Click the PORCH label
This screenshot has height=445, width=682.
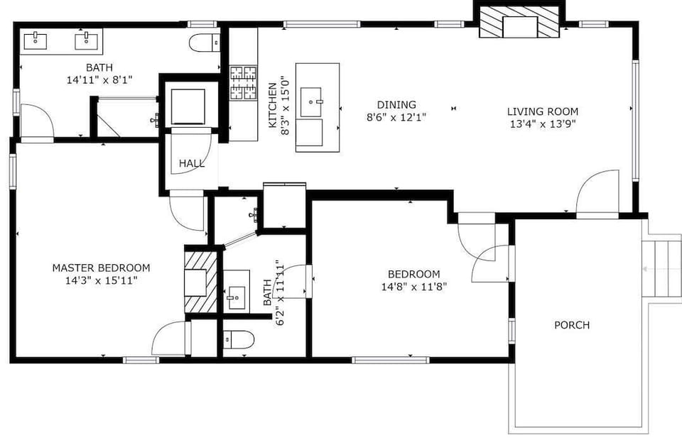(571, 325)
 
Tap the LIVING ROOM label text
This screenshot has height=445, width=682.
(542, 111)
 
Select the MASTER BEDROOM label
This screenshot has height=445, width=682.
(101, 268)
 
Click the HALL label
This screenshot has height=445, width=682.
(192, 163)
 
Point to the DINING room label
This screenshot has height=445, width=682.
(396, 105)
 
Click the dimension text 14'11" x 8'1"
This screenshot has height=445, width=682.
(99, 80)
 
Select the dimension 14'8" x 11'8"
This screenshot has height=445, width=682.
(414, 287)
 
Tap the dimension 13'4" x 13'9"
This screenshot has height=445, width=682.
(543, 124)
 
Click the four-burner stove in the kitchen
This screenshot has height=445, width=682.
(244, 82)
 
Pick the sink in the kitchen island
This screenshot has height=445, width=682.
(311, 102)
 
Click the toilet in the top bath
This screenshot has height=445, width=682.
(205, 43)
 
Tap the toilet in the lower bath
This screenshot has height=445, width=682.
(238, 339)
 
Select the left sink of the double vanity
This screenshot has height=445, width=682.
(36, 42)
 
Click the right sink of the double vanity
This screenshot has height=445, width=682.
(86, 42)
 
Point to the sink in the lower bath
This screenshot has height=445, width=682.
(237, 297)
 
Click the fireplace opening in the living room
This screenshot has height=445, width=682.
(520, 27)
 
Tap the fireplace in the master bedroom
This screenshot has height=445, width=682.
(200, 282)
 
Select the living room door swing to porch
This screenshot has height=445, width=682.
(597, 191)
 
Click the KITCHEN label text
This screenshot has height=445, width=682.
(272, 105)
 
